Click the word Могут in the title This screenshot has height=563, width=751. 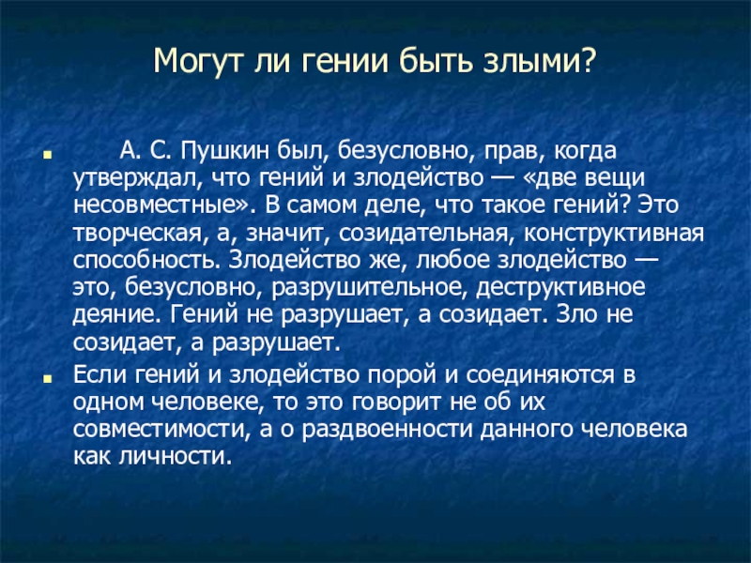(193, 61)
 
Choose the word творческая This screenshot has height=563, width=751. (136, 234)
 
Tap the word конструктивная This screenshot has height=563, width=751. (614, 233)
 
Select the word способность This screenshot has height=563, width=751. (146, 261)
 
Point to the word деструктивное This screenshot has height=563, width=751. (560, 288)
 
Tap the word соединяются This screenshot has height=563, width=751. (540, 375)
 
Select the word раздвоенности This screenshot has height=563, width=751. (388, 431)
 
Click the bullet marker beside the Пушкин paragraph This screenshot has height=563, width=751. (47, 155)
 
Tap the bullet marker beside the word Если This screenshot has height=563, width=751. (47, 378)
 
